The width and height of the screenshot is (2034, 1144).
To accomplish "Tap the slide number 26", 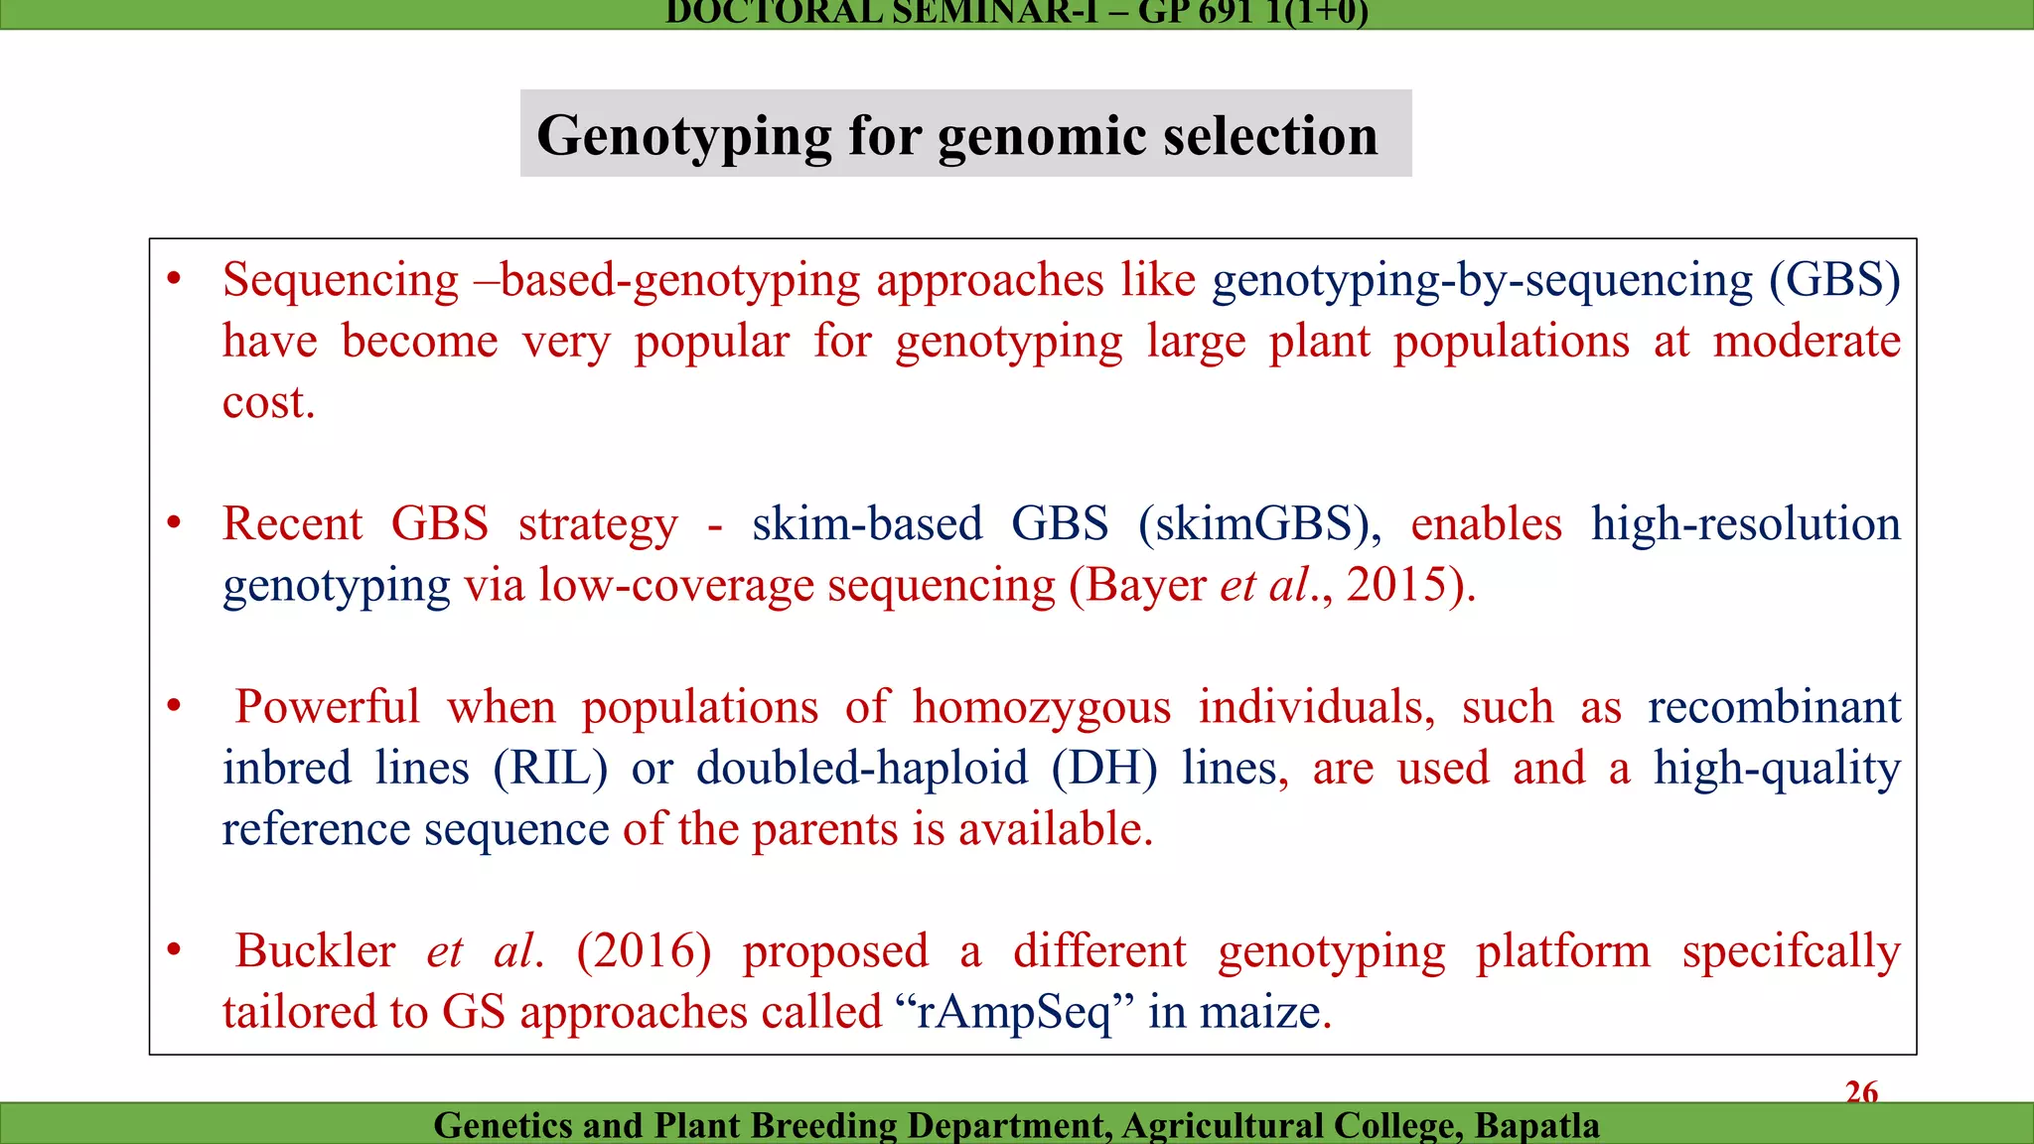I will click(1861, 1092).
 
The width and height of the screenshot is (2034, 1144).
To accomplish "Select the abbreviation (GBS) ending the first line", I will click(1834, 280).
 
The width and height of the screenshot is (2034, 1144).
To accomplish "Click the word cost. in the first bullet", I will click(268, 402).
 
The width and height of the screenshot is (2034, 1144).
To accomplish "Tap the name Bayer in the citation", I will click(1146, 585).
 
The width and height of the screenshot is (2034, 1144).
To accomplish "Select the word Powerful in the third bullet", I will click(327, 707).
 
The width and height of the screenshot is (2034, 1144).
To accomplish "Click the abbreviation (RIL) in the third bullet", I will click(550, 769).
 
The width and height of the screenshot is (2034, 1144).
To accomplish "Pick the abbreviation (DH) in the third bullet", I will click(1104, 769).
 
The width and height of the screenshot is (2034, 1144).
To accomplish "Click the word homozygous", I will click(1042, 707).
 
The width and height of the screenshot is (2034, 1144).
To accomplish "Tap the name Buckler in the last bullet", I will click(315, 951).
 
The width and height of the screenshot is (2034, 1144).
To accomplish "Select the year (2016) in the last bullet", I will click(644, 951).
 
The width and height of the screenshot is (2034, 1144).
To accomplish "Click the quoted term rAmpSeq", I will click(1013, 1013).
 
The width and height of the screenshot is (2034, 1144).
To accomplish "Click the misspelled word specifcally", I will click(1791, 951).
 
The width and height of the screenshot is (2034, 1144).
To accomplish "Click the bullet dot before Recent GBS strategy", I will click(174, 523).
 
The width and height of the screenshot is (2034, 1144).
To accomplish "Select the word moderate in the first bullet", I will click(1807, 342).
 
